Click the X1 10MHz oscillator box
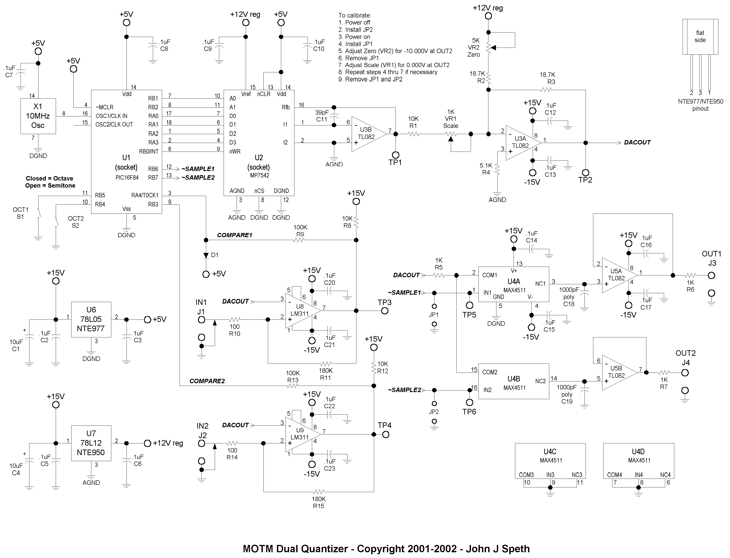(x=38, y=116)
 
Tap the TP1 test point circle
(x=396, y=155)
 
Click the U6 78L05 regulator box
(x=91, y=319)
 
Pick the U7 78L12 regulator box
(x=91, y=443)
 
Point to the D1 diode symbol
(x=206, y=255)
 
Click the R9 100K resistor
(x=299, y=240)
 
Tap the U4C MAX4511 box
(x=550, y=461)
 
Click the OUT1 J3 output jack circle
(x=711, y=275)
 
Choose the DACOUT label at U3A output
(x=637, y=142)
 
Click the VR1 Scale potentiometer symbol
(x=451, y=135)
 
